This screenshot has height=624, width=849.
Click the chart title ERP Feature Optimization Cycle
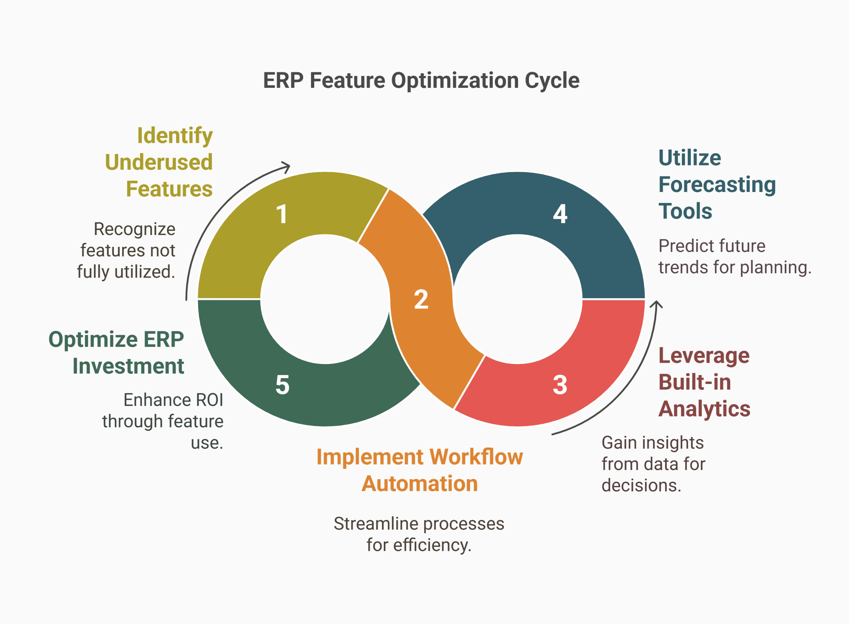tap(421, 81)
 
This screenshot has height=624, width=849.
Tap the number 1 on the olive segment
tap(282, 214)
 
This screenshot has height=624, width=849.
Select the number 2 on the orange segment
tap(421, 299)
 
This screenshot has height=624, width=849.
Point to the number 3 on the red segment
tap(559, 385)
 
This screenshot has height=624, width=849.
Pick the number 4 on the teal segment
tap(560, 214)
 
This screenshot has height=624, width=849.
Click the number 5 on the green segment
tap(282, 385)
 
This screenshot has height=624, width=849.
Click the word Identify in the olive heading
tap(175, 136)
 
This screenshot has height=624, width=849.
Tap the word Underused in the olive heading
tap(159, 162)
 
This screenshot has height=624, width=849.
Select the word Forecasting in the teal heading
tap(717, 185)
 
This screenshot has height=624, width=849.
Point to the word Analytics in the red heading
tap(704, 409)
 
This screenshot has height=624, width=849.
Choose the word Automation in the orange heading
tap(420, 483)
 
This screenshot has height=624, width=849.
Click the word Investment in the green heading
tap(128, 366)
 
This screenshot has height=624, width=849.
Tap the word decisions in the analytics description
tap(641, 486)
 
